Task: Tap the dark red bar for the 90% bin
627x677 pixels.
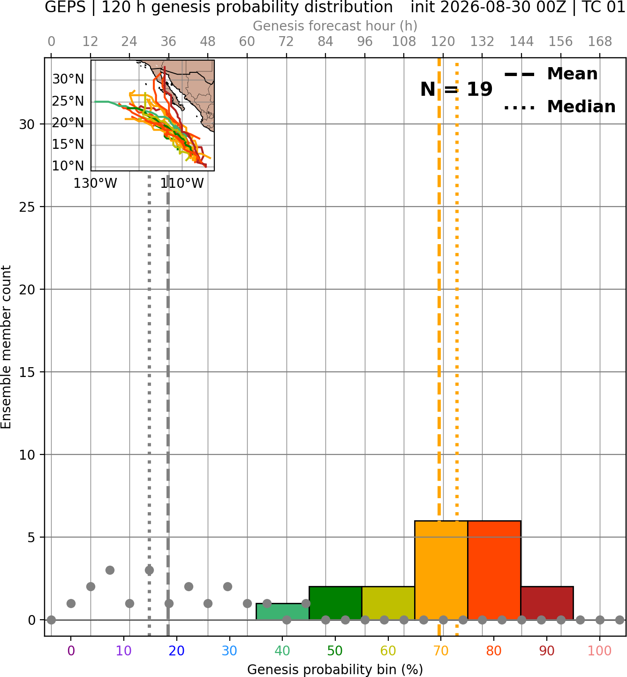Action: [547, 603]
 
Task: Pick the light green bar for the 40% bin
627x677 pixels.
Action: [282, 612]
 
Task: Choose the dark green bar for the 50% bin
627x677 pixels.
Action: [335, 603]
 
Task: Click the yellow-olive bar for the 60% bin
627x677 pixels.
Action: [388, 603]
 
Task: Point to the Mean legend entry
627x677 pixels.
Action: [551, 74]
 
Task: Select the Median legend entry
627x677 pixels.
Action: [559, 107]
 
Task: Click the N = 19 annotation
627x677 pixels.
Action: [456, 89]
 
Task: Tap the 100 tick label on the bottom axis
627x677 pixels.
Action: [600, 651]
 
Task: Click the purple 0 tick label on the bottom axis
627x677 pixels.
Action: [71, 651]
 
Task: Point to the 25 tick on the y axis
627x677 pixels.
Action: [27, 207]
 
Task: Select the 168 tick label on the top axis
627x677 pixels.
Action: [600, 42]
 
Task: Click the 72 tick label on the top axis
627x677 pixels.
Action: [286, 42]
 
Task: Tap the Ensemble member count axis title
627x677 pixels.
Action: [6, 347]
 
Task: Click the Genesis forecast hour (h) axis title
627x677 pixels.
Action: [335, 26]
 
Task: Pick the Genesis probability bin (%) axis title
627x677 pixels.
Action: [335, 669]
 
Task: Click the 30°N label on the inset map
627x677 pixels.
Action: [68, 79]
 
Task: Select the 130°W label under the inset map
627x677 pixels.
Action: [95, 184]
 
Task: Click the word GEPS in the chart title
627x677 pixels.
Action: [65, 7]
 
